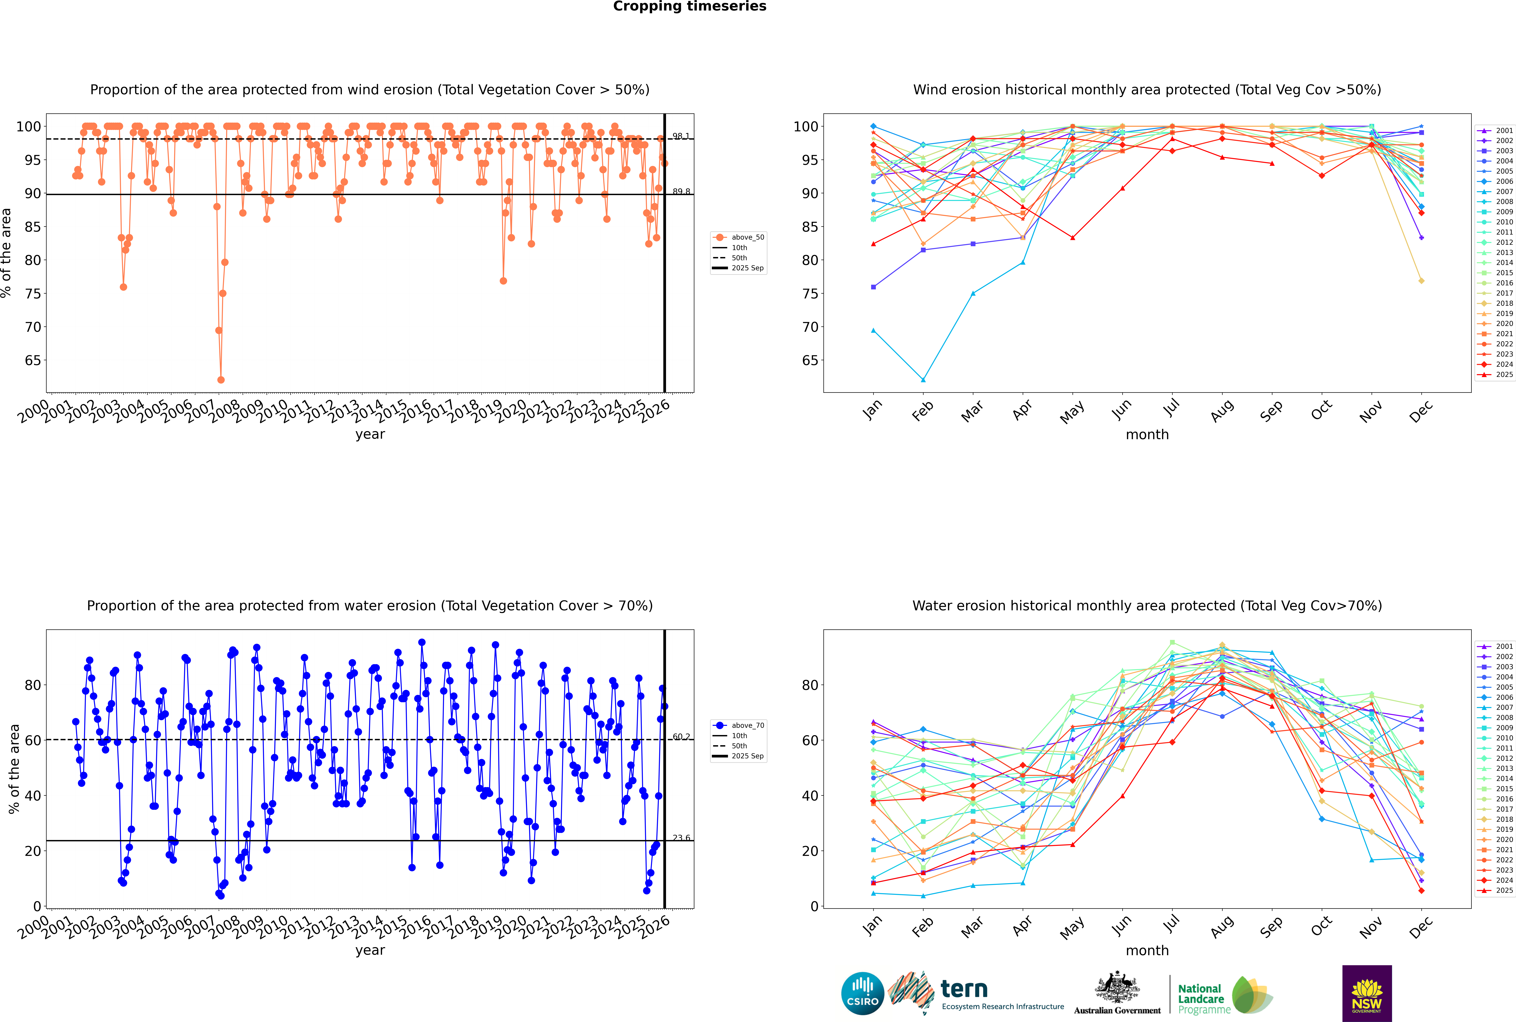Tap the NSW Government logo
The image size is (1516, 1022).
coord(1367,993)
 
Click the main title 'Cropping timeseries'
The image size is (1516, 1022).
coord(690,6)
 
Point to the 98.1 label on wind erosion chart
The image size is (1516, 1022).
coord(681,136)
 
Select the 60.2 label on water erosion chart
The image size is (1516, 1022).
coord(681,736)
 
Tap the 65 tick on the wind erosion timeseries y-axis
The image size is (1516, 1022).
coord(33,360)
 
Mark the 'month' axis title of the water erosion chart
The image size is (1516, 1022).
coord(1147,950)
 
